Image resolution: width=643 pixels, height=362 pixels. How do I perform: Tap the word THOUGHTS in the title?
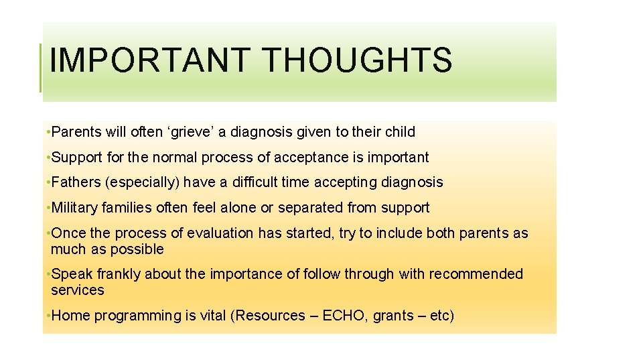point(358,60)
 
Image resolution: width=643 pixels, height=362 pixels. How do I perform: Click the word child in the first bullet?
point(401,132)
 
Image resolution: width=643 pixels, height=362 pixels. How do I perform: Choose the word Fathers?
point(73,182)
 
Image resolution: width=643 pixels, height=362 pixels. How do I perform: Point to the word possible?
point(140,249)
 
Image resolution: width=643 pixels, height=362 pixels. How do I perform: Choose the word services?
point(78,290)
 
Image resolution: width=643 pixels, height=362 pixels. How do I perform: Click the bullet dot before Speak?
point(48,274)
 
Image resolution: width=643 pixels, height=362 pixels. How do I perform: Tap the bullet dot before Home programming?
point(48,316)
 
